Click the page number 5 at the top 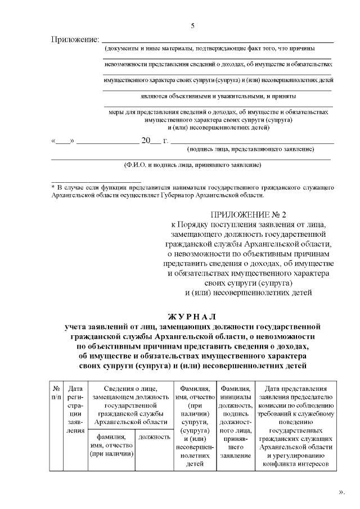tap(193, 26)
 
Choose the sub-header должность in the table tap(154, 436)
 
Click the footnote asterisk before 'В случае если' tap(53, 186)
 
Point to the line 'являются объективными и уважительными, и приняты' tap(218, 96)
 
